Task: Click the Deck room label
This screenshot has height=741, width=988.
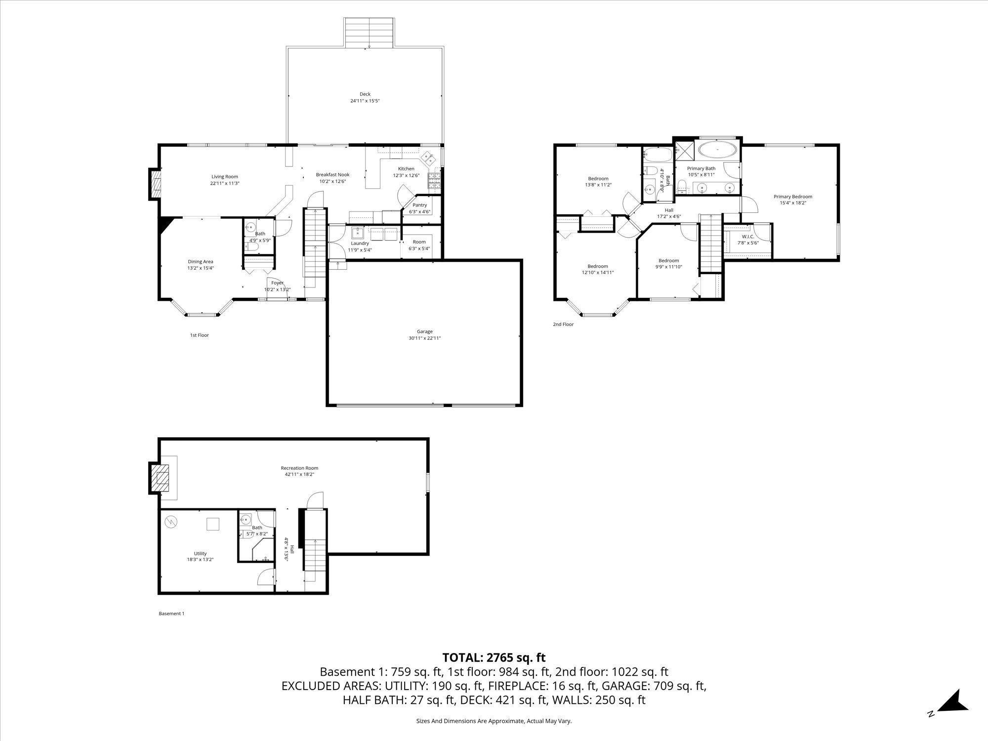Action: coord(365,94)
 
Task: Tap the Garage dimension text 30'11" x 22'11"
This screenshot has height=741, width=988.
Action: coord(424,338)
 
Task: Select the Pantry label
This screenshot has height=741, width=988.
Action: coord(420,205)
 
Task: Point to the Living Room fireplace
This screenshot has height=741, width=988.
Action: coord(155,184)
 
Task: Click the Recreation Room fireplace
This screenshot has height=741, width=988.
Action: coord(160,478)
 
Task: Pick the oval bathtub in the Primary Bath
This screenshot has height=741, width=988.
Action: coord(718,150)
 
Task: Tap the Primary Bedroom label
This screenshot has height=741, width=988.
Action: coord(793,197)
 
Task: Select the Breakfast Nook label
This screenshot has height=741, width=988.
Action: coord(332,175)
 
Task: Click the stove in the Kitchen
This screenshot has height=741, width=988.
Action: coord(434,181)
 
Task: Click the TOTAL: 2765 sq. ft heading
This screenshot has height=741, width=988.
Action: coord(494,658)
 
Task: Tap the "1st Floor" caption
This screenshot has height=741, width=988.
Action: coord(200,335)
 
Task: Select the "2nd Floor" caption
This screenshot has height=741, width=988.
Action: coord(563,325)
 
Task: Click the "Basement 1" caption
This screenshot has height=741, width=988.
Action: coord(171,614)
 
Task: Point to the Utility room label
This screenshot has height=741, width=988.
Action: coord(200,553)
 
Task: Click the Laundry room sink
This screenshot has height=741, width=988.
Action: coord(358,233)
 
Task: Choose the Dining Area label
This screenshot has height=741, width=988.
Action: coord(201,262)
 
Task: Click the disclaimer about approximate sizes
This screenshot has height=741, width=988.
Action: coord(494,721)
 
